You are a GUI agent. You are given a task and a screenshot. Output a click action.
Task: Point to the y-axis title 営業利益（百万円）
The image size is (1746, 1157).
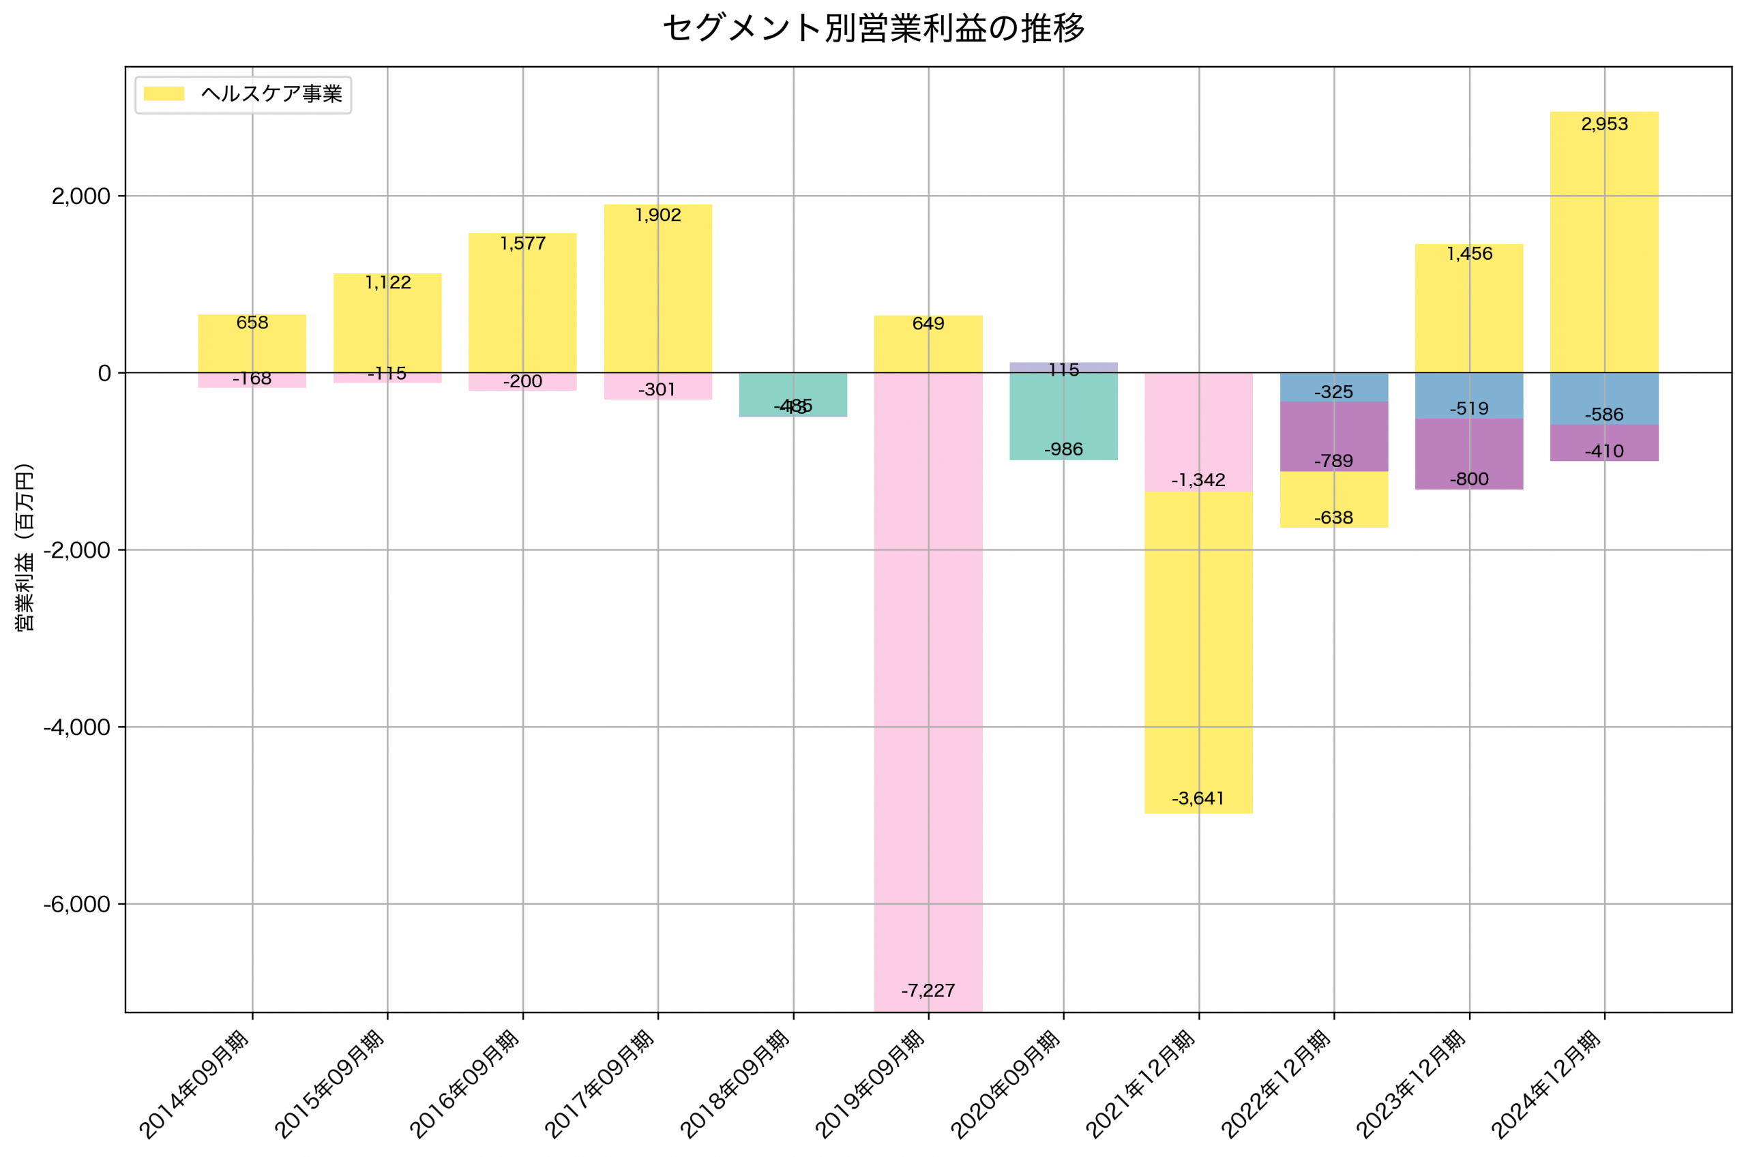pyautogui.click(x=25, y=547)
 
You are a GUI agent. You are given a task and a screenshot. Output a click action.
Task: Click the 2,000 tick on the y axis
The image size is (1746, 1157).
pyautogui.click(x=81, y=196)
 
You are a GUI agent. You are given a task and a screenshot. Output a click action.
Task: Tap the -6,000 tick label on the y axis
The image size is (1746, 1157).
pyautogui.click(x=78, y=905)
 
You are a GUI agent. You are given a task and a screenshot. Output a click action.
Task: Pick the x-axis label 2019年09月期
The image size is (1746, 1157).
pyautogui.click(x=872, y=1084)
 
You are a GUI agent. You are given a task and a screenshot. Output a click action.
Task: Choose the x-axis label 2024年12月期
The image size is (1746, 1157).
pyautogui.click(x=1548, y=1084)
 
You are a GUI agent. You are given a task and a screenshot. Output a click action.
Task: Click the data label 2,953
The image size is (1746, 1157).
pyautogui.click(x=1604, y=125)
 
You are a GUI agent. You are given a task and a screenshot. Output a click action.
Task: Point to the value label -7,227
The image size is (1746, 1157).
pyautogui.click(x=928, y=991)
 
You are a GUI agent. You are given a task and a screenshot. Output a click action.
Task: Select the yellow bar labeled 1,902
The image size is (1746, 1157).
pyautogui.click(x=657, y=295)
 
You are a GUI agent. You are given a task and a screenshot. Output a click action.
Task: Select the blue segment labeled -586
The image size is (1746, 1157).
pyautogui.click(x=1604, y=398)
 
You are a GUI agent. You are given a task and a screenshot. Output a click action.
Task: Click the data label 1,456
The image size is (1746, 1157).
pyautogui.click(x=1469, y=254)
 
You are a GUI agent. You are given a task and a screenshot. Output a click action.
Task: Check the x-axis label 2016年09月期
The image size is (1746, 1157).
pyautogui.click(x=466, y=1084)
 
